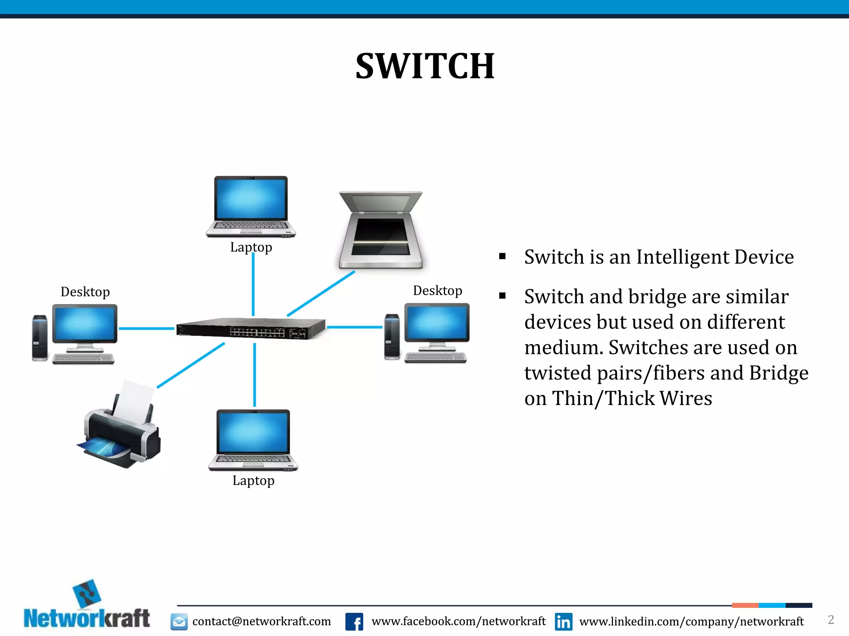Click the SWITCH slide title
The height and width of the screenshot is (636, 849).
coord(425,66)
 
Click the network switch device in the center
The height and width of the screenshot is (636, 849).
coord(251,328)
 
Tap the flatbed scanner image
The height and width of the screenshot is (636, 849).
coord(381,230)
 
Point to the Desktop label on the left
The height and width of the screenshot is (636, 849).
coord(85,292)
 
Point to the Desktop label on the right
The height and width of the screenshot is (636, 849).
coord(437,291)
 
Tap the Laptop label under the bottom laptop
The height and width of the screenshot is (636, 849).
coord(253,481)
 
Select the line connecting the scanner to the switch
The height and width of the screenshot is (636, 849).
coord(321,294)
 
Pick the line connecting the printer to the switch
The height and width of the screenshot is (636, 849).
coord(191,365)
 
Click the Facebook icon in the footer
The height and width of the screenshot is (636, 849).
coord(354,622)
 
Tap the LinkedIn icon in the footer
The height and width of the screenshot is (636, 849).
coord(563,622)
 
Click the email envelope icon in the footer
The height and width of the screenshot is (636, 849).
coord(179,622)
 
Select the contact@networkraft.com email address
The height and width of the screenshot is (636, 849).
coord(262,622)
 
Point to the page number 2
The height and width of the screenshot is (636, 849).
coord(831,620)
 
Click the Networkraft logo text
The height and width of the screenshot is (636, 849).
coord(87,619)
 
